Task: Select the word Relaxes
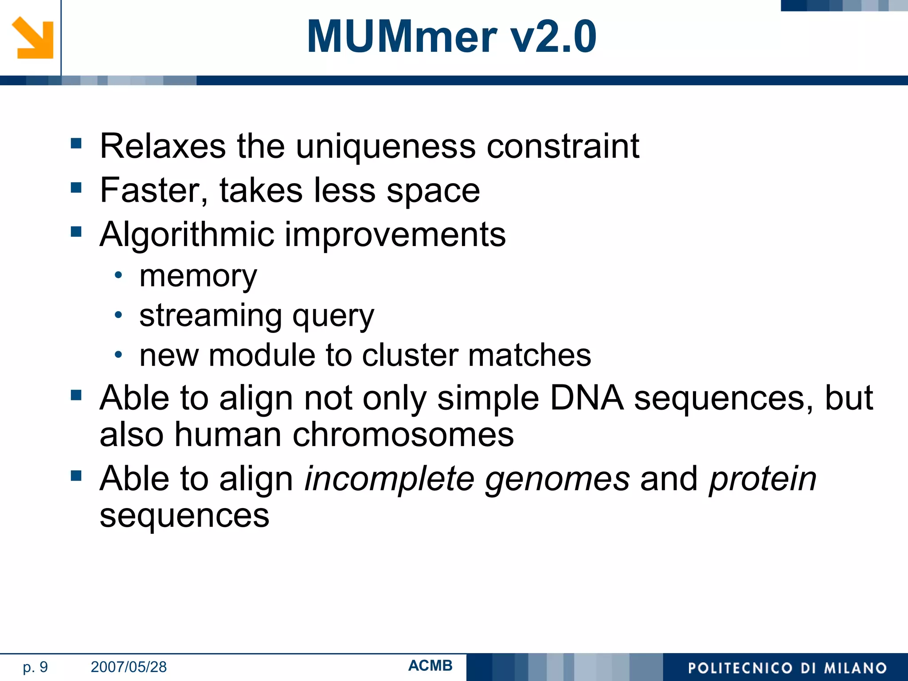pyautogui.click(x=163, y=146)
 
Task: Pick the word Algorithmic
pyautogui.click(x=185, y=235)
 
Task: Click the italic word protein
pyautogui.click(x=763, y=479)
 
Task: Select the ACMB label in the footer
pyautogui.click(x=430, y=665)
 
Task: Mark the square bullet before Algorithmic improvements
pyautogui.click(x=76, y=231)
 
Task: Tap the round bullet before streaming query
pyautogui.click(x=118, y=315)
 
